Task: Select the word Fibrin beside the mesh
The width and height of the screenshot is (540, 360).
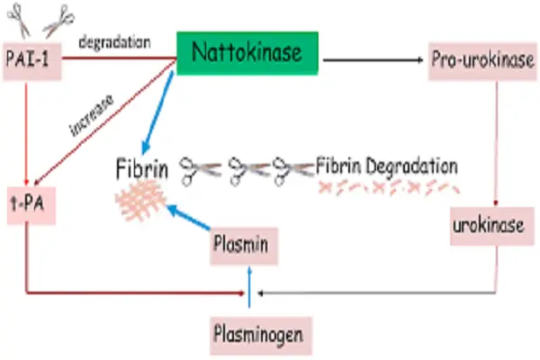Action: (x=142, y=167)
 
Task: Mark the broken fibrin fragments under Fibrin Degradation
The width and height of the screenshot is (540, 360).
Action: (x=387, y=189)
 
